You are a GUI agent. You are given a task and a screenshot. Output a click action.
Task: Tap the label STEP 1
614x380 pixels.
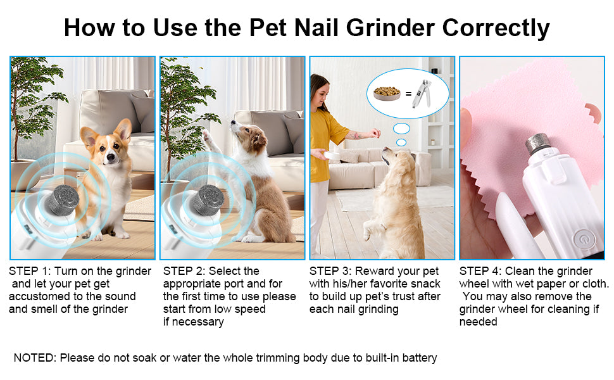point(28,271)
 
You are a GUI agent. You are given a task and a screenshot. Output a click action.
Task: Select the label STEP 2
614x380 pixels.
point(183,271)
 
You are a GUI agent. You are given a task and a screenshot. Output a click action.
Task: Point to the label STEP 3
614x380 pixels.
point(329,271)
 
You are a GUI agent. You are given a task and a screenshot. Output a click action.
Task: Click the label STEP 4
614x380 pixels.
point(480,271)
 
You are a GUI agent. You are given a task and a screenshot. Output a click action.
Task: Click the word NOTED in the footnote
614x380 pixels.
point(34,358)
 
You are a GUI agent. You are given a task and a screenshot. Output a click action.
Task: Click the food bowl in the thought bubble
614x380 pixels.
point(387,93)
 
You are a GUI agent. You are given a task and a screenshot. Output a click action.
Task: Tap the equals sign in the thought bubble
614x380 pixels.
point(408,94)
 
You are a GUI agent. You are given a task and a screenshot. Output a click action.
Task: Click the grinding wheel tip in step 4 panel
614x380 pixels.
point(538,143)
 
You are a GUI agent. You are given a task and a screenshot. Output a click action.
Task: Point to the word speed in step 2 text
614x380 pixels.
point(250,309)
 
